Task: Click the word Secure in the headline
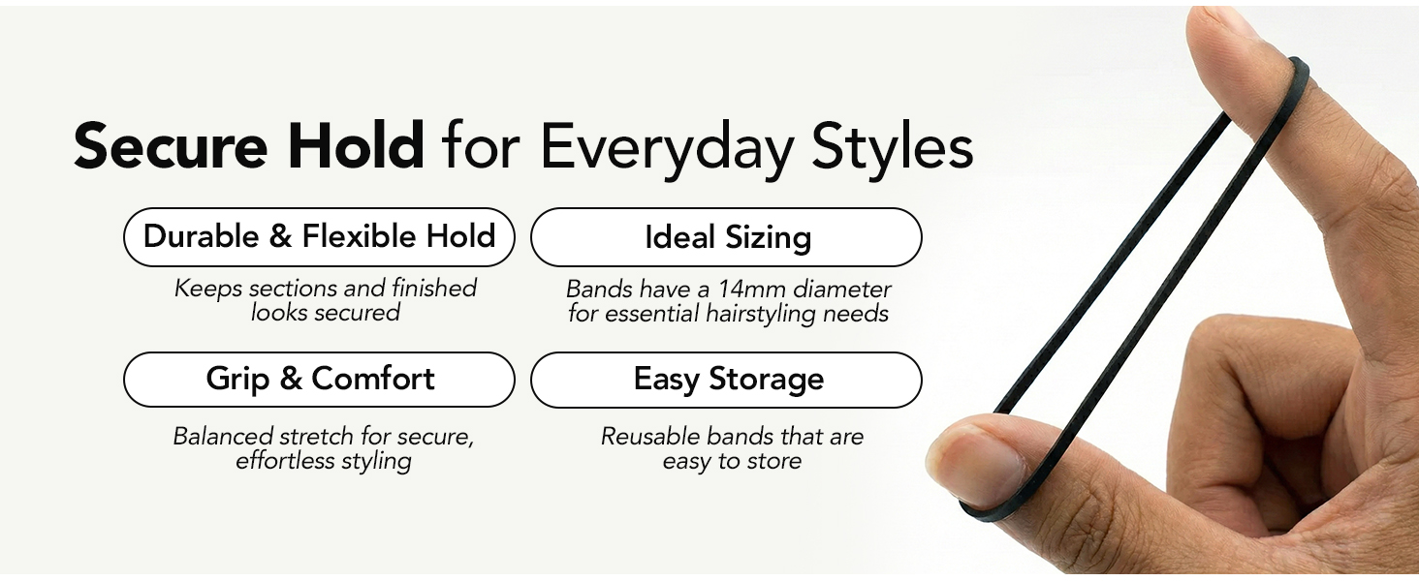tap(171, 146)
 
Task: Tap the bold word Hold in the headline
tap(356, 145)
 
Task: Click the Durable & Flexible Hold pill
tap(319, 236)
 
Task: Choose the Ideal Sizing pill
tap(726, 236)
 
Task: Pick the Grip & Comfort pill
tap(319, 380)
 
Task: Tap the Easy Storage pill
tap(726, 380)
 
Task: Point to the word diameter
tap(842, 290)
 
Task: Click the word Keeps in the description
tap(207, 290)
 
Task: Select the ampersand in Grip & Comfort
tap(291, 379)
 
